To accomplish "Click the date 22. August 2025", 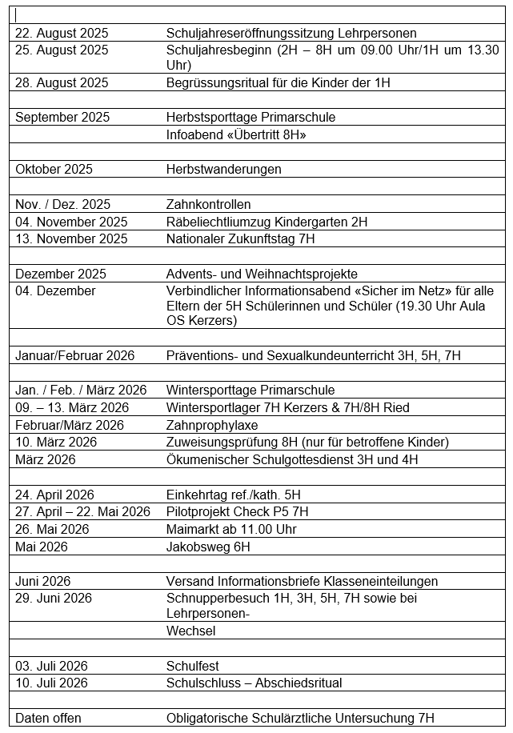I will (x=62, y=33).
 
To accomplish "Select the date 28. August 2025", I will (x=62, y=82).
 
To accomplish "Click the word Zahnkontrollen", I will (x=208, y=204).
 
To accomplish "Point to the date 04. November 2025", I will (x=71, y=222).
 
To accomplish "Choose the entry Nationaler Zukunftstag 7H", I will (x=240, y=238).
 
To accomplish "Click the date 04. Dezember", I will (x=55, y=290).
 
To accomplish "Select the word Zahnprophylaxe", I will (x=212, y=425).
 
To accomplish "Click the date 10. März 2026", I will (x=56, y=442).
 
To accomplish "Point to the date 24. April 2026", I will (x=54, y=495).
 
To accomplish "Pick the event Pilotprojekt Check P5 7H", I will (x=237, y=511).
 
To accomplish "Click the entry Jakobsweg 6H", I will (x=208, y=547).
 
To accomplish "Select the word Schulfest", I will (x=192, y=666).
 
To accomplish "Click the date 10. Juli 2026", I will (x=51, y=683).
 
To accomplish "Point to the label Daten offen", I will (x=48, y=718).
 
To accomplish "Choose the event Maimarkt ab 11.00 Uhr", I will (x=231, y=529).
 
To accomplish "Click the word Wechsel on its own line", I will (x=190, y=631).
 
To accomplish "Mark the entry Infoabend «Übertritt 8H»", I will (x=236, y=134).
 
